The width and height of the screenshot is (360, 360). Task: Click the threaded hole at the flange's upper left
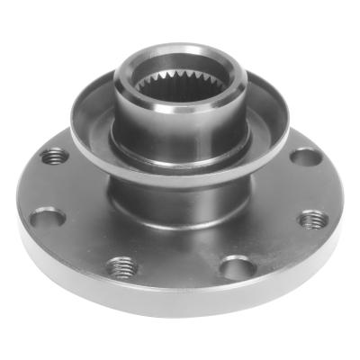click(x=56, y=156)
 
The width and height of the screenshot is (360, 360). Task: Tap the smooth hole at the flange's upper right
click(x=305, y=157)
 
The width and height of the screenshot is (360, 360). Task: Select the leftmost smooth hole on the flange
click(x=46, y=218)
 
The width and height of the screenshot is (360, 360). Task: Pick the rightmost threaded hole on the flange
click(x=312, y=220)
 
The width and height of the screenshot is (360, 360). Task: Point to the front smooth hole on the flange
click(x=236, y=267)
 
